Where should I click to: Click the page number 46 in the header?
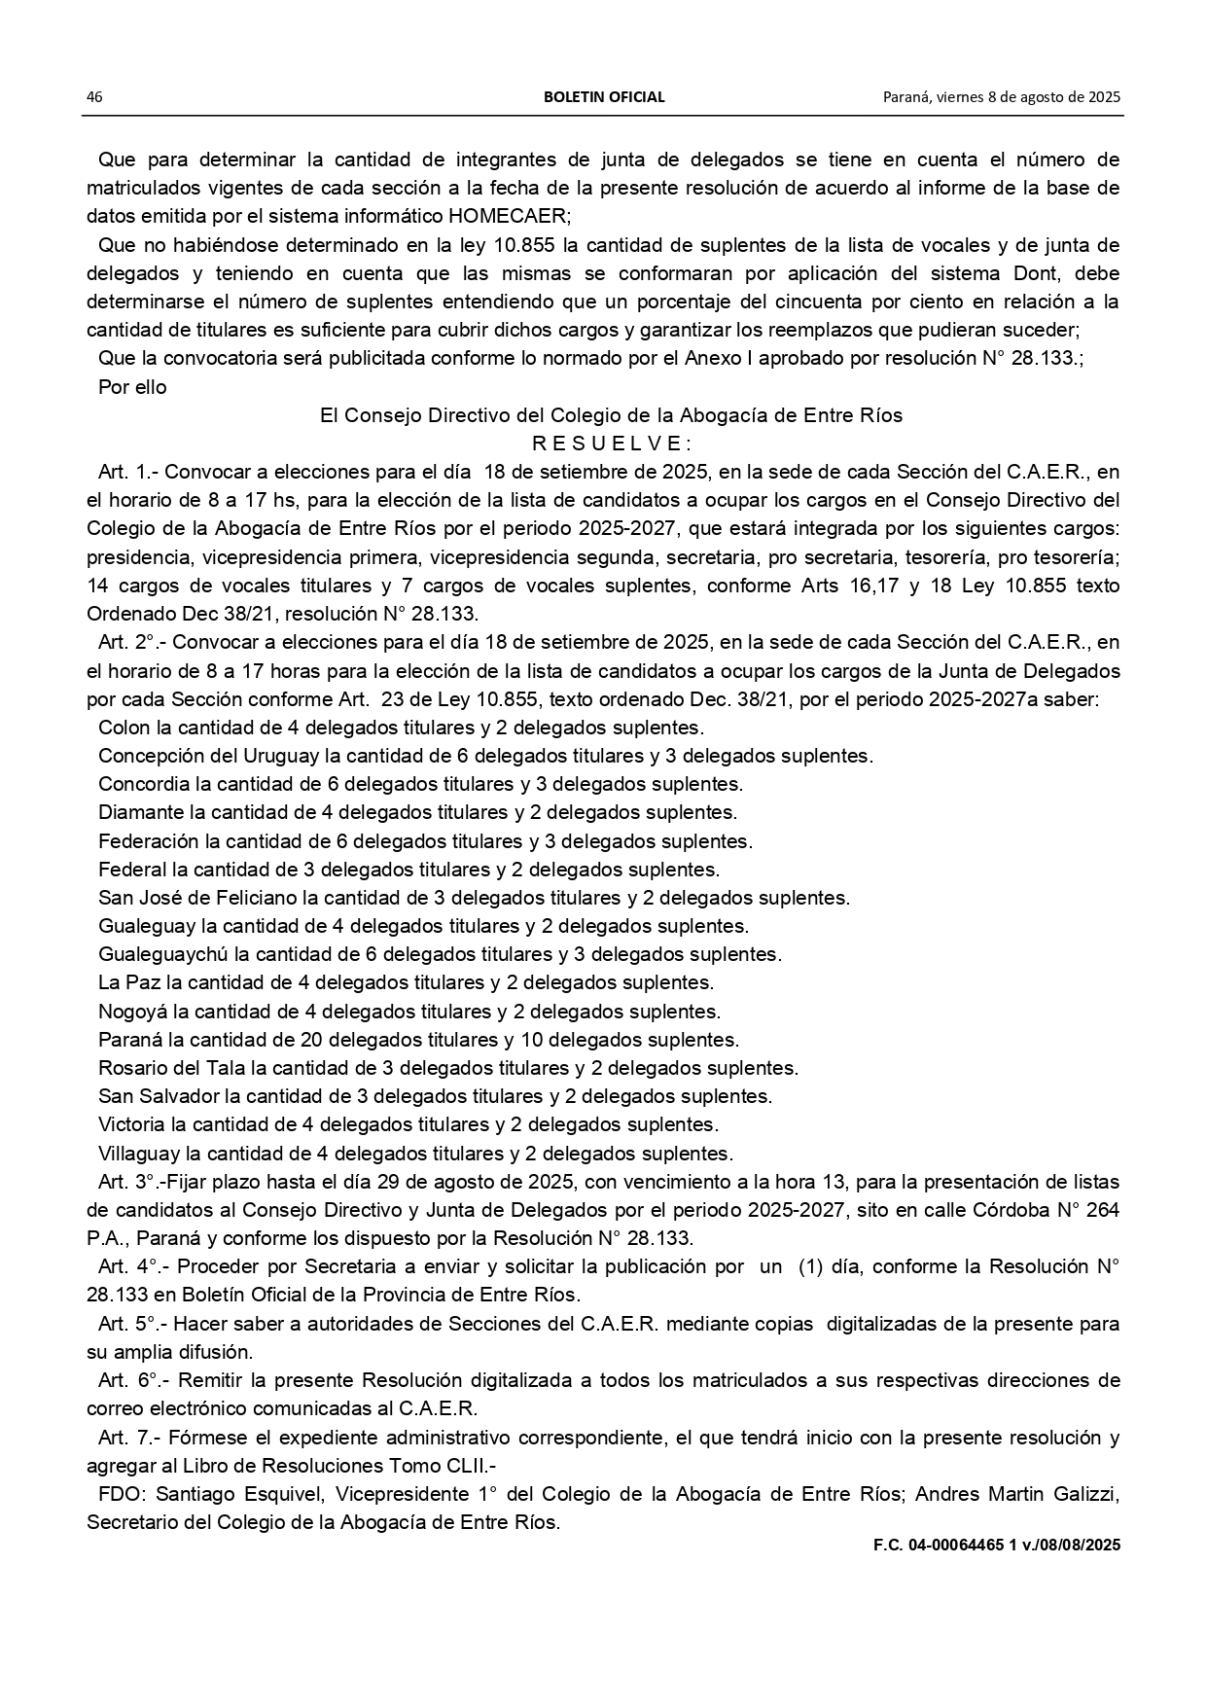point(94,97)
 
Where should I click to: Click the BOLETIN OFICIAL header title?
point(604,97)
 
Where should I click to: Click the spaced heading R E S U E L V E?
point(611,444)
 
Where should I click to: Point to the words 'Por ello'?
point(132,387)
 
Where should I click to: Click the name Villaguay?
point(138,1154)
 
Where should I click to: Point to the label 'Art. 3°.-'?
point(132,1183)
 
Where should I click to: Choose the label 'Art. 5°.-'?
point(132,1324)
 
